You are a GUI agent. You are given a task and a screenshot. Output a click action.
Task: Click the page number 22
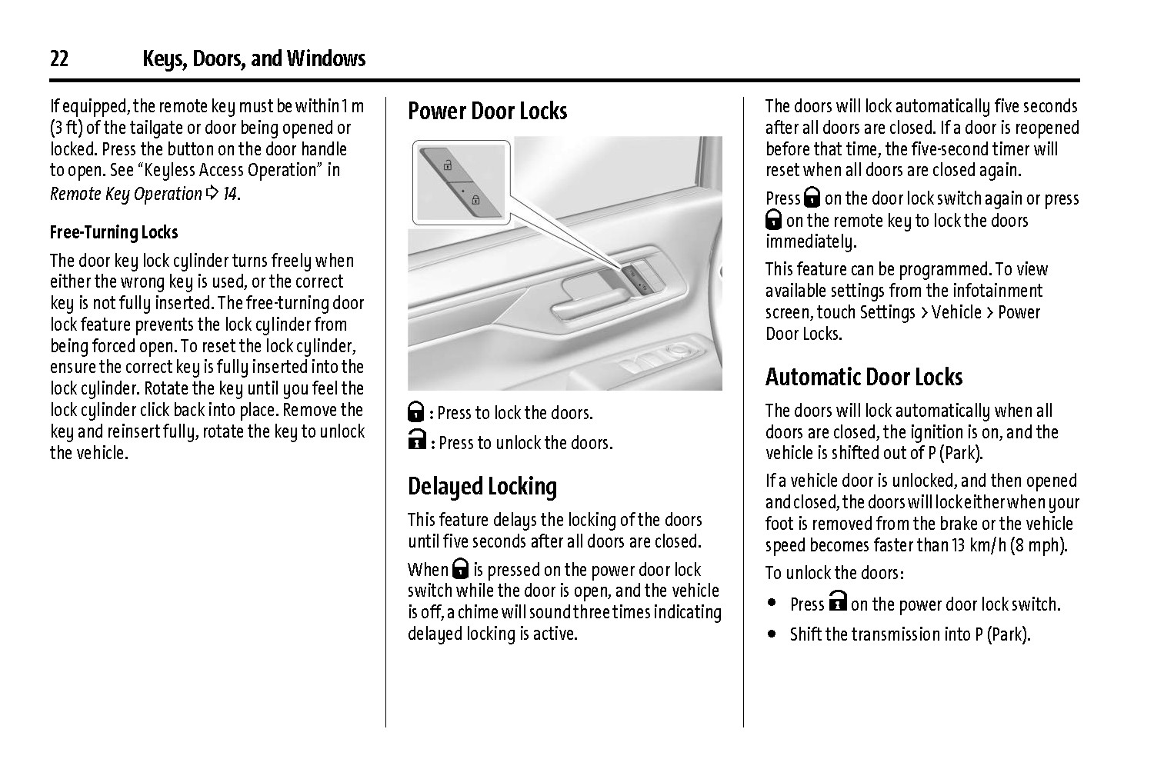point(59,59)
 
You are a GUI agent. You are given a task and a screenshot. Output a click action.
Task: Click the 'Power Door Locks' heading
point(487,111)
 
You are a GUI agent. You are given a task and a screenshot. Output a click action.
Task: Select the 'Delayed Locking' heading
point(482,487)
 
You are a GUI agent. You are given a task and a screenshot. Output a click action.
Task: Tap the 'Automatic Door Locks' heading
point(863,377)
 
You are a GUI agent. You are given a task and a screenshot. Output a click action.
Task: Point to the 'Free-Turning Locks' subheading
point(114,232)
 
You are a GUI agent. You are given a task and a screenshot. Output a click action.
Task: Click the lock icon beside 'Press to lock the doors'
point(416,412)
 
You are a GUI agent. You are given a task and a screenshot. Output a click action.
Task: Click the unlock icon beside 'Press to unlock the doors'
point(416,442)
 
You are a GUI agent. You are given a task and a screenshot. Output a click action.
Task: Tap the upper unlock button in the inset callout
point(447,165)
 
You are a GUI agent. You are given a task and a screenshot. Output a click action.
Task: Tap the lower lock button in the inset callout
point(475,201)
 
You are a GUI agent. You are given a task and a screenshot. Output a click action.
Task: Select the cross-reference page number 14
point(229,194)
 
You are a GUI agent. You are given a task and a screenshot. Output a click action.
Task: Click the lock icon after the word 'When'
point(461,569)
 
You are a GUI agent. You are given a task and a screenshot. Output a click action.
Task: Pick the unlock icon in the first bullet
point(838,602)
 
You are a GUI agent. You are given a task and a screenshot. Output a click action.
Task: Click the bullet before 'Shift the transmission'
point(772,634)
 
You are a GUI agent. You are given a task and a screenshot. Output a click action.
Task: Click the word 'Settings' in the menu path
point(887,312)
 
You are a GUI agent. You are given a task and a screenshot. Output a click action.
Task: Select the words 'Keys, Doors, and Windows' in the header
point(254,59)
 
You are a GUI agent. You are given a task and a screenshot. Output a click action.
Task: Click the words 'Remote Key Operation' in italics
point(125,194)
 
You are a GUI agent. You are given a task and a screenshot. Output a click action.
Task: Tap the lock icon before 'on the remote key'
point(774,221)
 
